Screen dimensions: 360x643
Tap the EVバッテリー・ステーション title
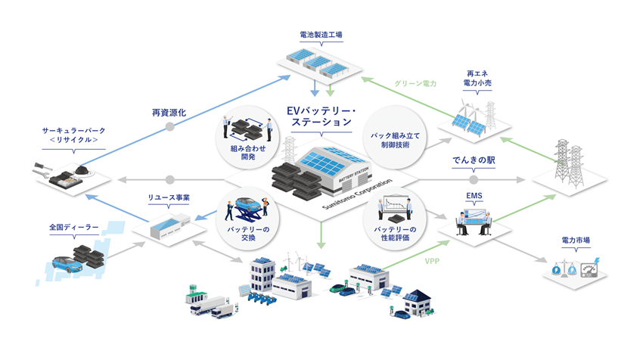(x=321, y=115)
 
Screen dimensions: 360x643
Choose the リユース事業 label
(x=169, y=198)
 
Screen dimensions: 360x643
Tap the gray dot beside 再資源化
(x=170, y=126)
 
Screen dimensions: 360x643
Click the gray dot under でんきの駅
(x=474, y=180)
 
